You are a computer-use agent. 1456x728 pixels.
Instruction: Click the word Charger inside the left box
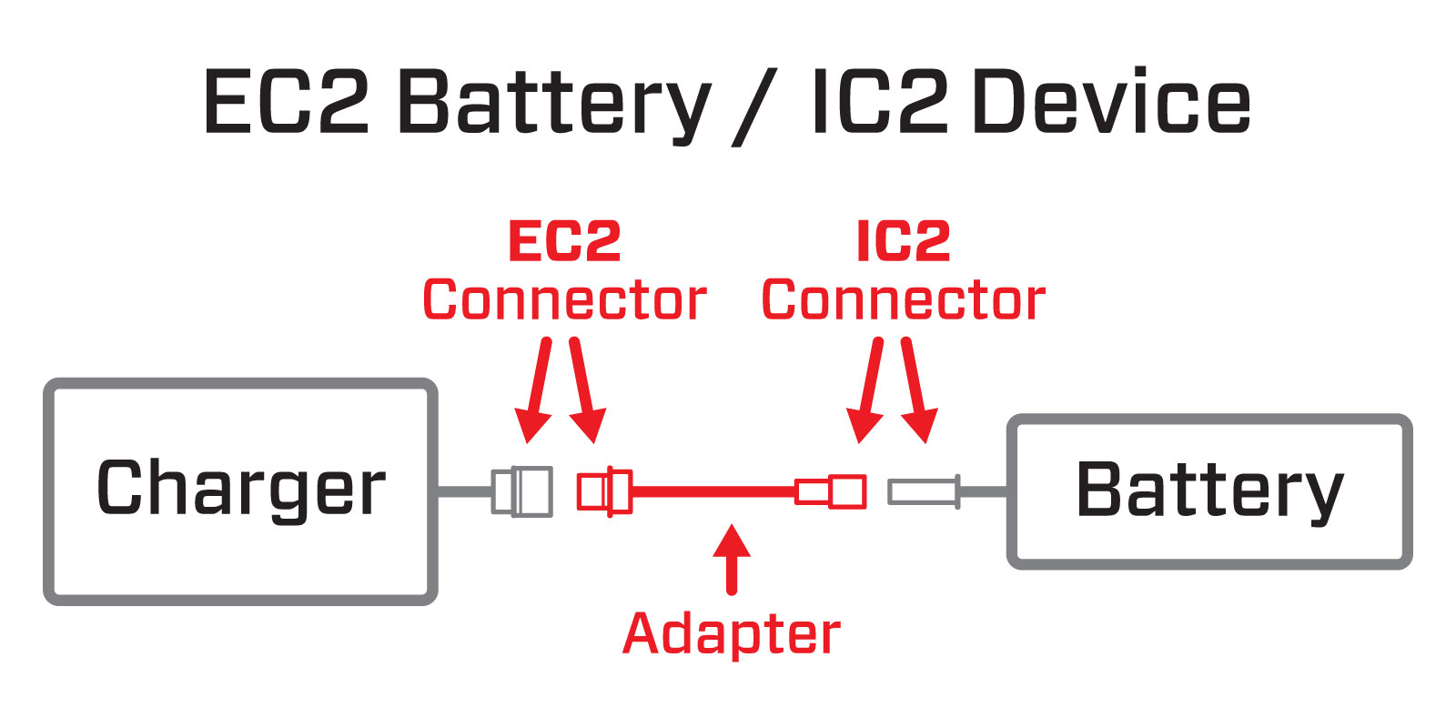pos(241,489)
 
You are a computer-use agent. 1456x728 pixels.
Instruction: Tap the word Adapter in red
pos(732,633)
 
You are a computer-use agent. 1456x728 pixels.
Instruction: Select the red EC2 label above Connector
pos(564,242)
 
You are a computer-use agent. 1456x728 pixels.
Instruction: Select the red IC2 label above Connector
pos(904,242)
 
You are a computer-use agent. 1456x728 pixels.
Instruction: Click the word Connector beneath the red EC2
pos(564,300)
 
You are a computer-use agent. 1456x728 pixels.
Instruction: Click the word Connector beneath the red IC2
pos(904,300)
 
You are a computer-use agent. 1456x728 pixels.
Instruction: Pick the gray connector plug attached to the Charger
pos(522,491)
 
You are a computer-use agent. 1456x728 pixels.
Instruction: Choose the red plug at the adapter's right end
pos(831,491)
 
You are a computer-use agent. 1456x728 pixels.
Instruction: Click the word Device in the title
pos(1111,102)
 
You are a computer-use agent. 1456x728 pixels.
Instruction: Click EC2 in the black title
pos(286,102)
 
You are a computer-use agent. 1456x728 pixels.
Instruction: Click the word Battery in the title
pos(553,104)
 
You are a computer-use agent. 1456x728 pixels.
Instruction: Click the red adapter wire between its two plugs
pos(714,491)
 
